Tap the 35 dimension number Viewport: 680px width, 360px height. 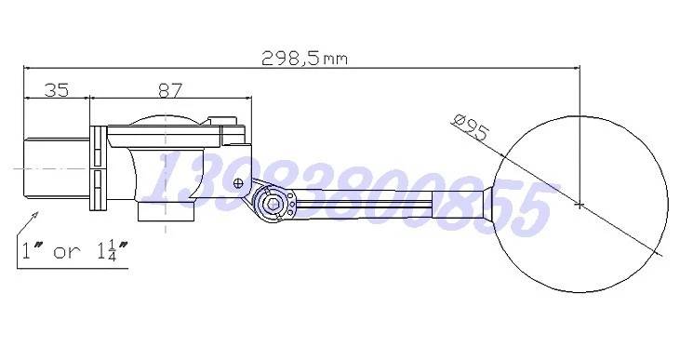click(57, 90)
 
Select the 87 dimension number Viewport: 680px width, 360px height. click(170, 90)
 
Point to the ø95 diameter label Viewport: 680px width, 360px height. click(471, 127)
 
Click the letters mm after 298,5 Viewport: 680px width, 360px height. click(336, 60)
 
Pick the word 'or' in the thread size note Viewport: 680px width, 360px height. click(67, 252)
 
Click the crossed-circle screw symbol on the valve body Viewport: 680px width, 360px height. click(238, 183)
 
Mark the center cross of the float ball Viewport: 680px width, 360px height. click(580, 204)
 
